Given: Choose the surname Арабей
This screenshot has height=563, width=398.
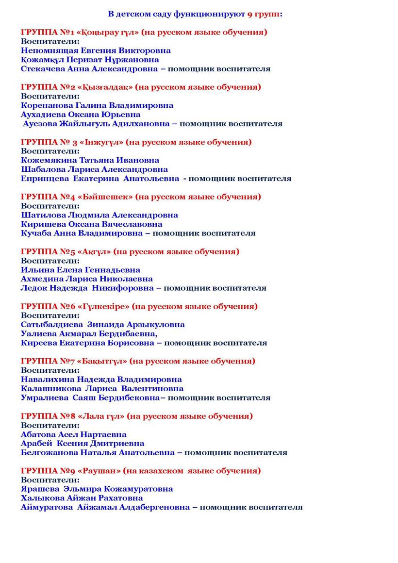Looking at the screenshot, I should click(x=36, y=443).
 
